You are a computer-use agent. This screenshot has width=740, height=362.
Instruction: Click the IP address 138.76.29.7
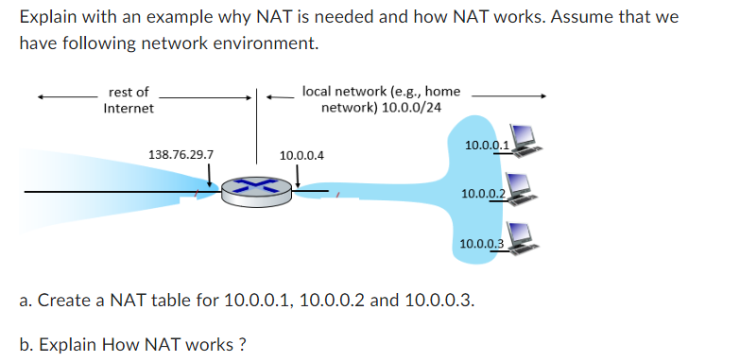[181, 154]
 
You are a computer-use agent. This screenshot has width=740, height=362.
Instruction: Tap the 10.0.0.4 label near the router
[301, 154]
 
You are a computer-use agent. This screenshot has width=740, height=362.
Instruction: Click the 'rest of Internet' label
[129, 100]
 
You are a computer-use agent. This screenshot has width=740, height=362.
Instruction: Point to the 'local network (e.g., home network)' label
[381, 99]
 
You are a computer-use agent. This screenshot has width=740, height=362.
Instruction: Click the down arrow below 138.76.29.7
[209, 176]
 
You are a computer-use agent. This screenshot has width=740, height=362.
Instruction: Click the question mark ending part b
[243, 343]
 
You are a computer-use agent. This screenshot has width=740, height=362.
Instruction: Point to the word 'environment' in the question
[269, 43]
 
